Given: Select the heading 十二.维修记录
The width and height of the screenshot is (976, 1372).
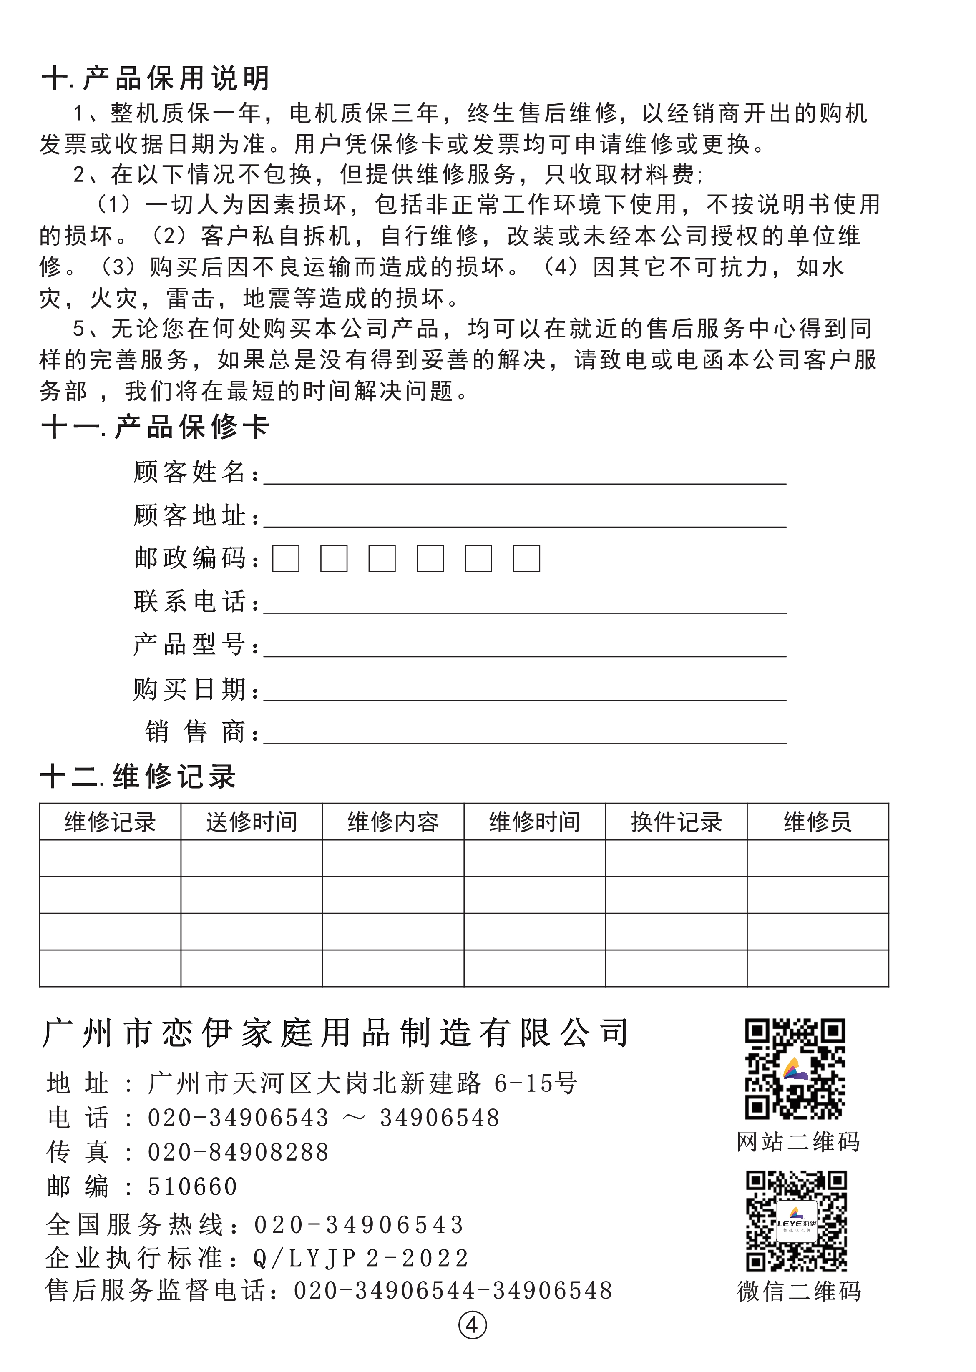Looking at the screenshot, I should (x=138, y=776).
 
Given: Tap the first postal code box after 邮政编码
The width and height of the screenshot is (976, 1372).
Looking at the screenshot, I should (x=285, y=559).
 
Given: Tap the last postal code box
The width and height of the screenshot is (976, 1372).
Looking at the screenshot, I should (x=526, y=559).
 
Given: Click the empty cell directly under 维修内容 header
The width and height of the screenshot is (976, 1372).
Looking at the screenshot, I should (x=393, y=858).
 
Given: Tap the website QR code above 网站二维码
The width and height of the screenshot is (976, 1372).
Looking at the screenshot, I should (x=795, y=1069).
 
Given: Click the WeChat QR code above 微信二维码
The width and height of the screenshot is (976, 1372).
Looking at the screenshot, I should (x=796, y=1221).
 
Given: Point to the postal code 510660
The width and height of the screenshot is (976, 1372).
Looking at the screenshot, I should (x=192, y=1186).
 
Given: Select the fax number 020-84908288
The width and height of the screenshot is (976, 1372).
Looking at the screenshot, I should (x=238, y=1152).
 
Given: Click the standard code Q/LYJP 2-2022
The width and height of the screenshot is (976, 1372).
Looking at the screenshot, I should (x=361, y=1258).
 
